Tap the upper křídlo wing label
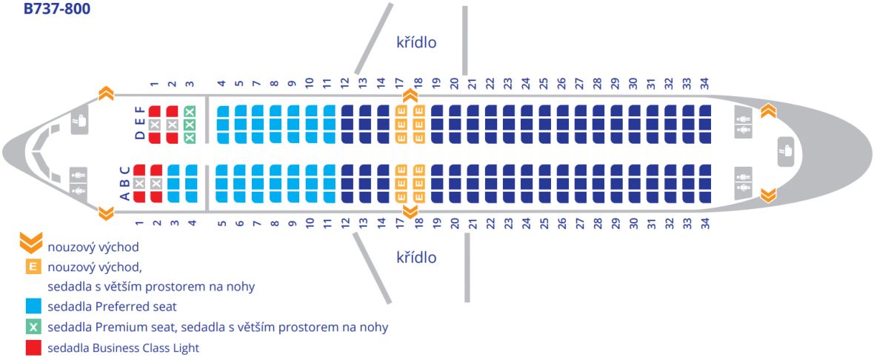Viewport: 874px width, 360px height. point(416,42)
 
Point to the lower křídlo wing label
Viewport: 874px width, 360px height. point(416,258)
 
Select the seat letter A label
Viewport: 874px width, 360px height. point(125,196)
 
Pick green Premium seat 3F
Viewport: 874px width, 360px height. point(190,111)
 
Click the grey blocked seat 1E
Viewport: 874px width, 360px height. point(154,124)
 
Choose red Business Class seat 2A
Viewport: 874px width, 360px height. point(156,196)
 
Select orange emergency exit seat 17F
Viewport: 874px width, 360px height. point(401,111)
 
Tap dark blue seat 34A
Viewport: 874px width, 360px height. point(704,196)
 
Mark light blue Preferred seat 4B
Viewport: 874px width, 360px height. point(191,183)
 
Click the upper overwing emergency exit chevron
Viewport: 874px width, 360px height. point(409,95)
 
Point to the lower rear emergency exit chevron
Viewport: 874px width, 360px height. point(768,195)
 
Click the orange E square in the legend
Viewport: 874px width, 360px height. point(33,267)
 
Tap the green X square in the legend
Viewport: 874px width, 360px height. point(33,327)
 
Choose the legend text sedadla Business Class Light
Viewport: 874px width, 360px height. point(123,347)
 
